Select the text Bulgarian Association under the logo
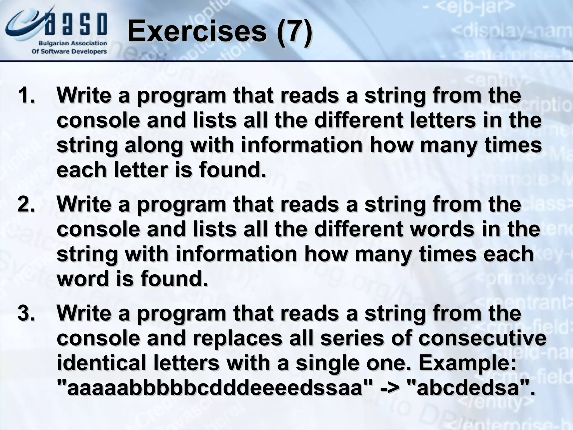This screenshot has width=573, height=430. (73, 43)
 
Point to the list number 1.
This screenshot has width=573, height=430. (26, 96)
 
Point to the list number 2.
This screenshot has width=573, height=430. (26, 205)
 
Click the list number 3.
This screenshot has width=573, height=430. (26, 313)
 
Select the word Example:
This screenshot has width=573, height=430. (467, 363)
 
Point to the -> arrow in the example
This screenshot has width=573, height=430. (389, 388)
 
